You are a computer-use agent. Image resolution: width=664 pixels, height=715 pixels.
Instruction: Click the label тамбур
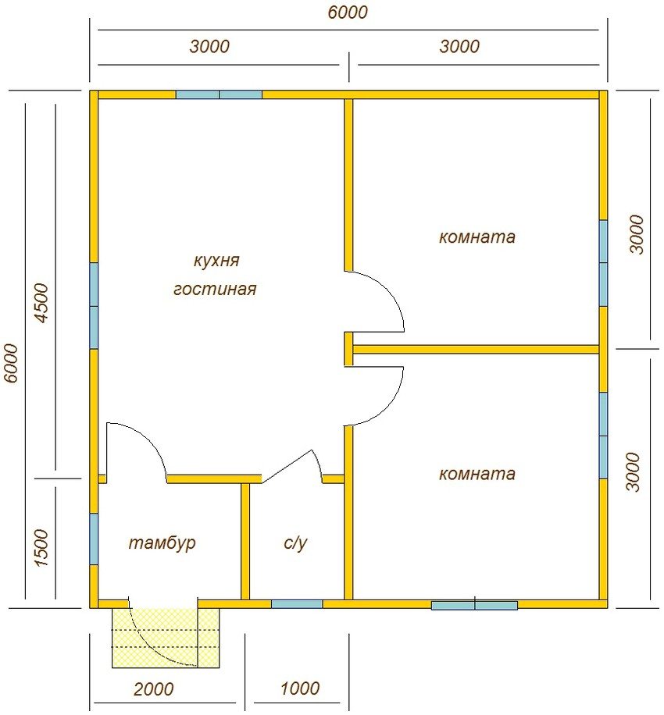point(162,543)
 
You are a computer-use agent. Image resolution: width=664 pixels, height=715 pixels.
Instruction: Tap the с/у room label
point(295,543)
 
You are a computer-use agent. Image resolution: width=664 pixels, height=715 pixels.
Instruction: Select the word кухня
point(216,260)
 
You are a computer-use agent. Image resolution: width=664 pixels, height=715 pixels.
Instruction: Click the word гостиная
point(215,289)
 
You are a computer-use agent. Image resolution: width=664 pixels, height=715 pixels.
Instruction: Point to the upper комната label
point(477,237)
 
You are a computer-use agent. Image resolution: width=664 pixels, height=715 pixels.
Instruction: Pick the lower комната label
point(477,474)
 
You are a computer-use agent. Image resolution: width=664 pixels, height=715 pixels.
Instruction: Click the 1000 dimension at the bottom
point(299,688)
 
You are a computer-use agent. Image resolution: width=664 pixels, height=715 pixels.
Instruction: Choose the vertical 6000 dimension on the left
point(11,363)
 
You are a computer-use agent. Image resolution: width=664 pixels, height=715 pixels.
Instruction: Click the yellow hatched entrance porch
point(166,637)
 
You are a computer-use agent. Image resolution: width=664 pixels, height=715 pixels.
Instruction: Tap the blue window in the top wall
point(219,94)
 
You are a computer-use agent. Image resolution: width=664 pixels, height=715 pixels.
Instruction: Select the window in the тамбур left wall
point(94,539)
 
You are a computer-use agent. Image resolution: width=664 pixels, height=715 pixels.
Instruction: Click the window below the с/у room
point(297,604)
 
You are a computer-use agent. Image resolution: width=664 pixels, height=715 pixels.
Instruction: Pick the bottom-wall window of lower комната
point(474,605)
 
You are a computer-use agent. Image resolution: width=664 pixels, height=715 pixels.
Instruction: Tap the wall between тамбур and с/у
point(245,541)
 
